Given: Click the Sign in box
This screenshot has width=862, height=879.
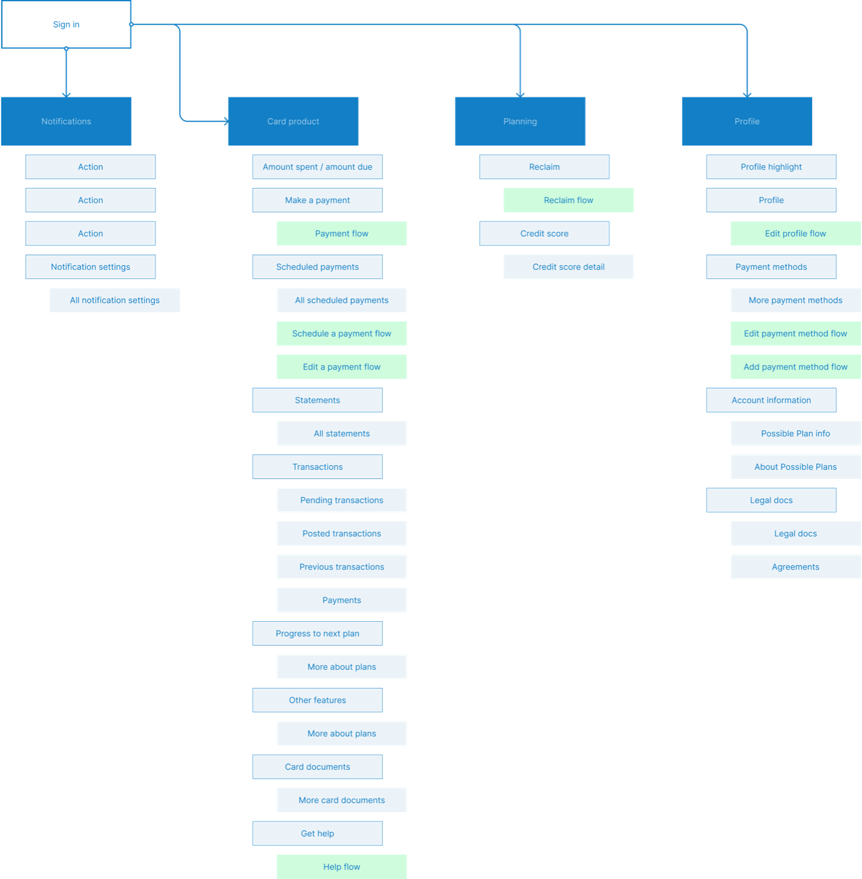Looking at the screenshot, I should click(x=66, y=24).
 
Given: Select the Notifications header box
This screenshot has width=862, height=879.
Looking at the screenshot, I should click(x=66, y=121).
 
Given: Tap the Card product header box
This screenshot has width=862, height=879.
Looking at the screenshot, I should click(x=293, y=121).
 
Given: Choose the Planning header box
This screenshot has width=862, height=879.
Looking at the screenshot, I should click(x=520, y=121).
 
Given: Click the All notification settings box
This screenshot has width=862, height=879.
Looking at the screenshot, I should click(x=114, y=300).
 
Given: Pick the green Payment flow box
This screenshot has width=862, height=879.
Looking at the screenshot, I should click(x=342, y=233).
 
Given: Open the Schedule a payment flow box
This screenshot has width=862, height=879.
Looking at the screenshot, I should click(x=342, y=333).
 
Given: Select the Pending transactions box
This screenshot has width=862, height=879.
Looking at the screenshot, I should click(x=342, y=500).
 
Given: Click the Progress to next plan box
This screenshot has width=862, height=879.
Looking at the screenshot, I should click(x=317, y=634).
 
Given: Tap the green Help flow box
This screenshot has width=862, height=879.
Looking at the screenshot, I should click(x=342, y=867).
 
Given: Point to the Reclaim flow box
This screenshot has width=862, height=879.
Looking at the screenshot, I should click(x=568, y=200).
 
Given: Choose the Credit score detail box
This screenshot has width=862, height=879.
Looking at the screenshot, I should click(x=568, y=267).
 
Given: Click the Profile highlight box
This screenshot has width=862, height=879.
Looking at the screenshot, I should click(x=771, y=167).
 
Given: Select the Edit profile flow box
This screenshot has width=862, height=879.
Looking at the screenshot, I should click(x=795, y=233).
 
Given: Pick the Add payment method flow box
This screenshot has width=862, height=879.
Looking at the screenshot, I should click(x=795, y=367).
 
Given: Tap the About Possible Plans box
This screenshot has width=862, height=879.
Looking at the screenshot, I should click(x=795, y=467).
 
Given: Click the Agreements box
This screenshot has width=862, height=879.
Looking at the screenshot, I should click(x=795, y=567).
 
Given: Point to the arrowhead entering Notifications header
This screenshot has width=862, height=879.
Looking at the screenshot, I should click(x=66, y=94).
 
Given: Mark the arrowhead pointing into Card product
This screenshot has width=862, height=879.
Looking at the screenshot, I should click(x=225, y=121).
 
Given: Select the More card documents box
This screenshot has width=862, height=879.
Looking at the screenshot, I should click(x=342, y=800).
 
